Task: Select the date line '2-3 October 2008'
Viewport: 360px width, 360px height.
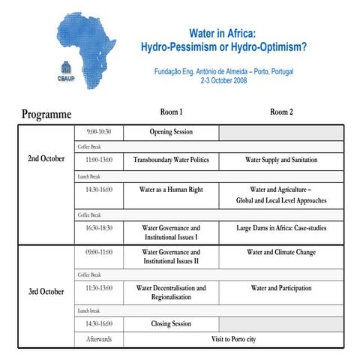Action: [x=223, y=81]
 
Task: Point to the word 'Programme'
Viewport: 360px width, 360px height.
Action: [x=46, y=115]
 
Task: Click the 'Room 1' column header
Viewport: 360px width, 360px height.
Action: [x=171, y=112]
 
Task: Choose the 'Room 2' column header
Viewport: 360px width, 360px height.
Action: [x=281, y=112]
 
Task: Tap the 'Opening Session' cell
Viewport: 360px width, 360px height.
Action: [x=171, y=132]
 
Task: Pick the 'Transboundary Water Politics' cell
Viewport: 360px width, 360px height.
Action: [x=171, y=160]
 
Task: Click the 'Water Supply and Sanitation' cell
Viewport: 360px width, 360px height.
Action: [x=281, y=160]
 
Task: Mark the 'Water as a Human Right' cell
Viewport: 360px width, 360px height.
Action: [x=171, y=190]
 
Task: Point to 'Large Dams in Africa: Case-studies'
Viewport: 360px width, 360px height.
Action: [x=281, y=227]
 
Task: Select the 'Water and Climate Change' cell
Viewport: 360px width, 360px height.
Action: [x=281, y=253]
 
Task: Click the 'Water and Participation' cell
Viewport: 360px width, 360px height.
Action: [x=281, y=288]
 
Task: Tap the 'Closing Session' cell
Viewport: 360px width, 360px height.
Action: [x=171, y=323]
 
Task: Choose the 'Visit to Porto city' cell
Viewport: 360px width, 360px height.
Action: [x=233, y=340]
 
